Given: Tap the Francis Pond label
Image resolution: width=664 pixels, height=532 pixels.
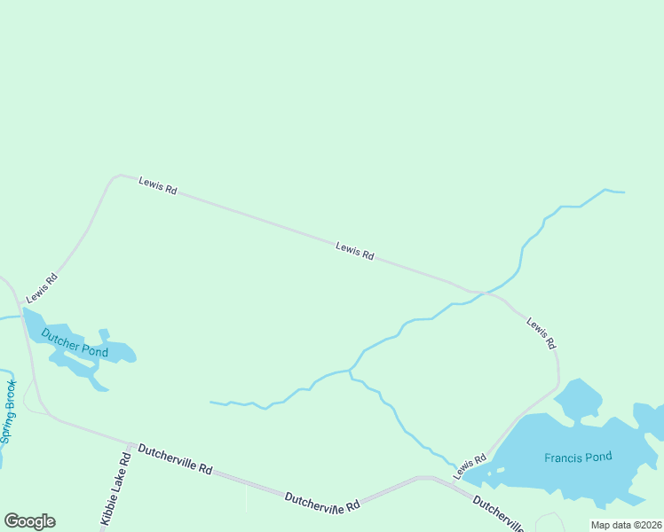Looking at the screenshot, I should (x=578, y=458).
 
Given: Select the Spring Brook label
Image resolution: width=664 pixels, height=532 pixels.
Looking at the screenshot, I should (x=9, y=412).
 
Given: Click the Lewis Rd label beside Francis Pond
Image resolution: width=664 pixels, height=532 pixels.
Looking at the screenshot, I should (x=470, y=466).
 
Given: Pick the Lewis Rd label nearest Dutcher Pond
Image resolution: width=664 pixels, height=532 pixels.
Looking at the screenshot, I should (x=42, y=286).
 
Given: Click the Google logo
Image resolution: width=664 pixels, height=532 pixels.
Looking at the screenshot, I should (x=29, y=521).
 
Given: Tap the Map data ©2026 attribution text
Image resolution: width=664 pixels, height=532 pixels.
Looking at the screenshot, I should (x=626, y=525).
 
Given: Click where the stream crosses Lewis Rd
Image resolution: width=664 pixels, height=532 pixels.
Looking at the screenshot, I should (x=478, y=293).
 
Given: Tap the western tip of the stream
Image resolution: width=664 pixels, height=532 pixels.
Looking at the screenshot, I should (x=210, y=403).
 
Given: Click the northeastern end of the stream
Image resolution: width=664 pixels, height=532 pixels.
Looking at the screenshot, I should (x=623, y=192).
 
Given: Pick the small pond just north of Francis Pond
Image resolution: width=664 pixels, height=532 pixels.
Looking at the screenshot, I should (x=580, y=398).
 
